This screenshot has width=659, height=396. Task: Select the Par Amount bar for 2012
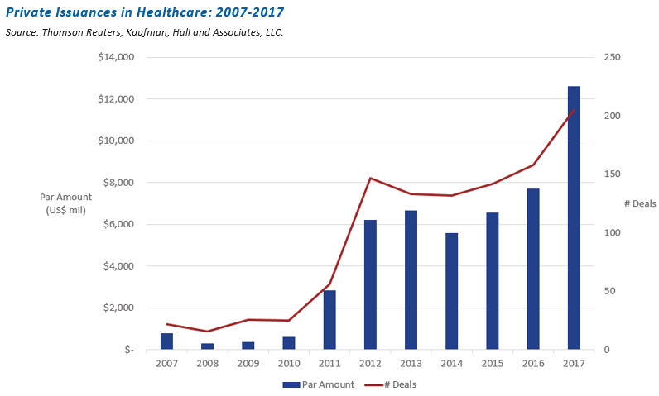tap(370, 284)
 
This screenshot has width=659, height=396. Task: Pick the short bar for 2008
tap(207, 346)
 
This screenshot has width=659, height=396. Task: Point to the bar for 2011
tap(329, 320)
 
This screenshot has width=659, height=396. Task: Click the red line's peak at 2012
tap(370, 178)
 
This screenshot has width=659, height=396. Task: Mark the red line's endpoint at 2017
tap(574, 110)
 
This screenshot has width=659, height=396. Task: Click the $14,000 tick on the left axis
tap(115, 58)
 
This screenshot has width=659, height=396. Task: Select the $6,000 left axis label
tap(118, 225)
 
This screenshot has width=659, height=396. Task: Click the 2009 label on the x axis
tap(248, 364)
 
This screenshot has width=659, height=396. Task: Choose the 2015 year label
tap(492, 364)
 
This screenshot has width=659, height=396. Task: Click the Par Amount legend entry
tap(318, 384)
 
